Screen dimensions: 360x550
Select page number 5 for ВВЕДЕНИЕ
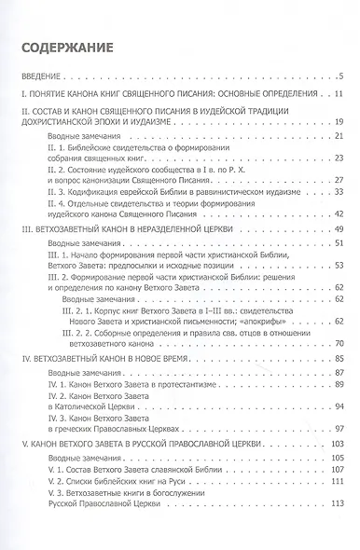click(x=342, y=76)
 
